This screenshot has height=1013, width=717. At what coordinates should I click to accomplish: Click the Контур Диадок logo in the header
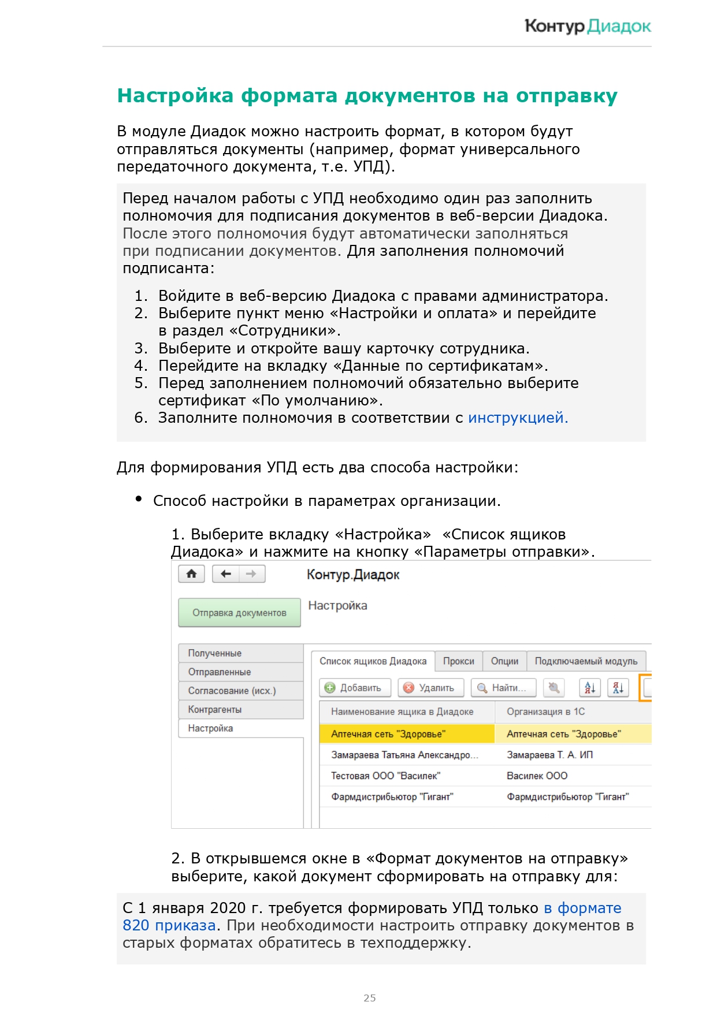[x=588, y=26]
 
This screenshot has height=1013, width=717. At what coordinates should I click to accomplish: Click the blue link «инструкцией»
[x=518, y=418]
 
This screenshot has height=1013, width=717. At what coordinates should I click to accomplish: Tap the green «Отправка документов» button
[x=239, y=613]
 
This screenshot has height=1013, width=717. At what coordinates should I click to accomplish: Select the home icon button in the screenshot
[x=192, y=574]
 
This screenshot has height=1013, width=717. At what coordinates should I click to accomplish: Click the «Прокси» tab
[x=459, y=661]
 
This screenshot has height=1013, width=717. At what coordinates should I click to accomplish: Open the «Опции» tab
[x=504, y=661]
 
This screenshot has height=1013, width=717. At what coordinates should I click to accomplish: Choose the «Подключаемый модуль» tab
[x=586, y=661]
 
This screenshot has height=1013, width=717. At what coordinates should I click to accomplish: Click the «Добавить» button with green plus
[x=354, y=688]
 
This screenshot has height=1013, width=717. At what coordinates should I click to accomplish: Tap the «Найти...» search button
[x=503, y=688]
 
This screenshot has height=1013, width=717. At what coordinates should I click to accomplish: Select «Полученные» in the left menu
[x=215, y=653]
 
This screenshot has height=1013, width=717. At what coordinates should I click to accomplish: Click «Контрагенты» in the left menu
[x=215, y=709]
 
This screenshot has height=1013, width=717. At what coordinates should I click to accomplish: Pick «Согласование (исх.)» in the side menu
[x=232, y=691]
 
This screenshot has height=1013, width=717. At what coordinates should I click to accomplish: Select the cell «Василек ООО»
[x=537, y=776]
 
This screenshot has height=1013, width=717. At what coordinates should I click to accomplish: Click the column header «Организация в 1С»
[x=546, y=712]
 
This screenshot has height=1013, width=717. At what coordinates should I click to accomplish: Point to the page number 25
[x=370, y=998]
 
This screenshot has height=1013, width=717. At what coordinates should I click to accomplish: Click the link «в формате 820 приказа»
[x=582, y=908]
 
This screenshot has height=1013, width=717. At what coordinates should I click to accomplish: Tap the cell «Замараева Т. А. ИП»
[x=549, y=755]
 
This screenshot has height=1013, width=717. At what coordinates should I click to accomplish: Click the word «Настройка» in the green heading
[x=175, y=96]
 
